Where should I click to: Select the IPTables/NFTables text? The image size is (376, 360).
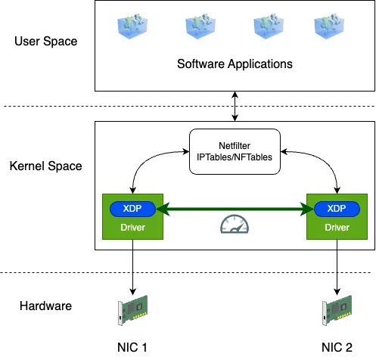(x=234, y=157)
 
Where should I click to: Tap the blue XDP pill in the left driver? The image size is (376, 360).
(x=133, y=209)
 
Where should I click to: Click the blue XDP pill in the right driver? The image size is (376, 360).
(x=337, y=209)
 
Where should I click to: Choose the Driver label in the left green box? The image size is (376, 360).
(x=133, y=227)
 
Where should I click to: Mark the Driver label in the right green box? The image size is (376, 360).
(x=337, y=227)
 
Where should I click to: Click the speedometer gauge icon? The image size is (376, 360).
(x=235, y=224)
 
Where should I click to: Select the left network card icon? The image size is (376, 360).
(x=132, y=309)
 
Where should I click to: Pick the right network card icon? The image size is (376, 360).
(x=338, y=309)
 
